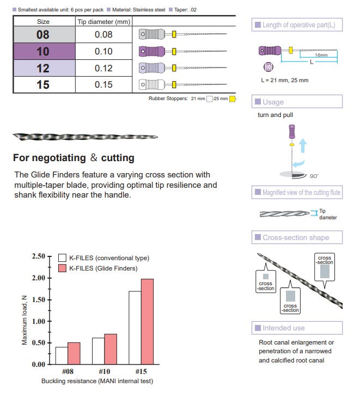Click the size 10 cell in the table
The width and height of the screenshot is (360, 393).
point(43,52)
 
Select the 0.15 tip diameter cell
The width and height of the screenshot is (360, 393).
point(103,85)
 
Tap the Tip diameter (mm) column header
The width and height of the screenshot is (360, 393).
point(103,21)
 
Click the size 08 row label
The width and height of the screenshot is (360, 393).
point(43,35)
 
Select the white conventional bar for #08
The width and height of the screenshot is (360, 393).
point(62,355)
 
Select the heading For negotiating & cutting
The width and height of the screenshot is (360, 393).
point(74,158)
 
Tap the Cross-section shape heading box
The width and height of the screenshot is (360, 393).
point(297,237)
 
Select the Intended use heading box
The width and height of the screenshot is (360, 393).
point(297,328)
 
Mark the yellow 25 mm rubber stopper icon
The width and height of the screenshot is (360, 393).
point(232,99)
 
